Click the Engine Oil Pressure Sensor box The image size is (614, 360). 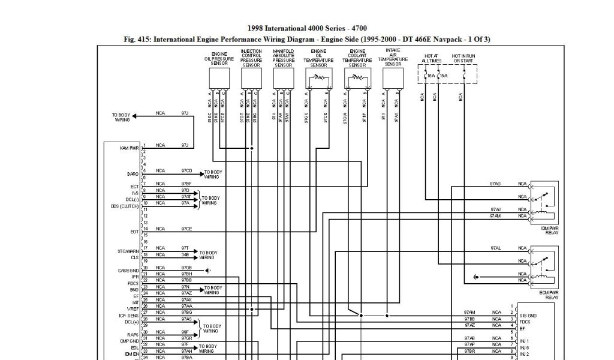pos(219,77)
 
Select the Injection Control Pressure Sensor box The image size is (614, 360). pos(251,77)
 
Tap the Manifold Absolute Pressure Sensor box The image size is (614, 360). pos(284,77)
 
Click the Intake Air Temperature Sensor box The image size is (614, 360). pos(393,77)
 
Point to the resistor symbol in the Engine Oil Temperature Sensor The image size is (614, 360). pos(318,77)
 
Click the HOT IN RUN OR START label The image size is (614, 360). pos(464,58)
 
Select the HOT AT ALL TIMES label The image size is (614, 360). pos(431,58)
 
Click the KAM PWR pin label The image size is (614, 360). pos(130,148)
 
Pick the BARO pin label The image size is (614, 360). pos(133,174)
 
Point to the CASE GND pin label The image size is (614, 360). pos(128,271)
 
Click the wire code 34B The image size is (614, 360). pos(185,254)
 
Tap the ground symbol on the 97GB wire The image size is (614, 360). pos(207,271)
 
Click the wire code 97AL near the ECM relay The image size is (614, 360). pos(495,248)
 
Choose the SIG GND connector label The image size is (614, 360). pos(528,316)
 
